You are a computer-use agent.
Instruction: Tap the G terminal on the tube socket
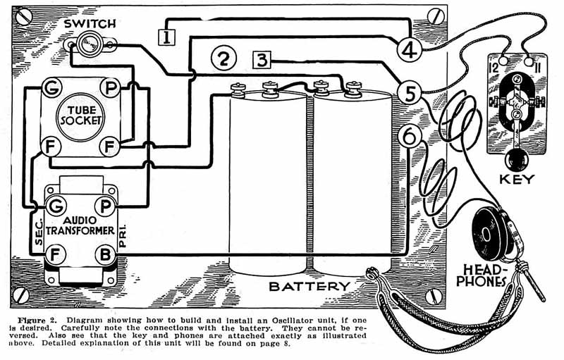tap(51, 87)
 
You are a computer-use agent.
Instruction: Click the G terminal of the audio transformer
tap(55, 206)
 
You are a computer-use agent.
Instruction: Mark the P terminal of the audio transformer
tap(104, 206)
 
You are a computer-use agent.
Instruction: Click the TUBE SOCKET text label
tap(80, 115)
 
